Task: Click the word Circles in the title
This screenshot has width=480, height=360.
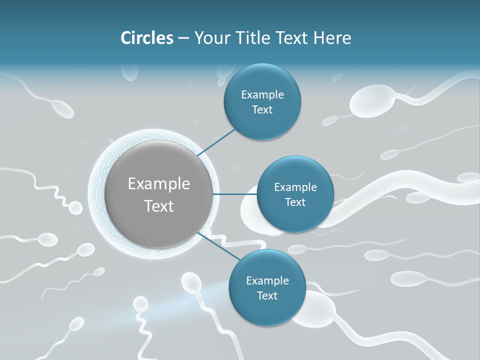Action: click(147, 38)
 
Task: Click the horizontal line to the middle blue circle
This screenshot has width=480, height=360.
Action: click(234, 194)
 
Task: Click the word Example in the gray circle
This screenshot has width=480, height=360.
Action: click(159, 184)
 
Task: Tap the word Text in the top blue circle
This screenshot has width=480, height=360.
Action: click(262, 110)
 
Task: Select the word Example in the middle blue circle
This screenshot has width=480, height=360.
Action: click(295, 187)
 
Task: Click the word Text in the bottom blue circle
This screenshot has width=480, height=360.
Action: click(267, 296)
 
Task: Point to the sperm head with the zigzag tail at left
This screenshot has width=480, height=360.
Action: click(75, 207)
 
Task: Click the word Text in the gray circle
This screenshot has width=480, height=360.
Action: click(159, 206)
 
